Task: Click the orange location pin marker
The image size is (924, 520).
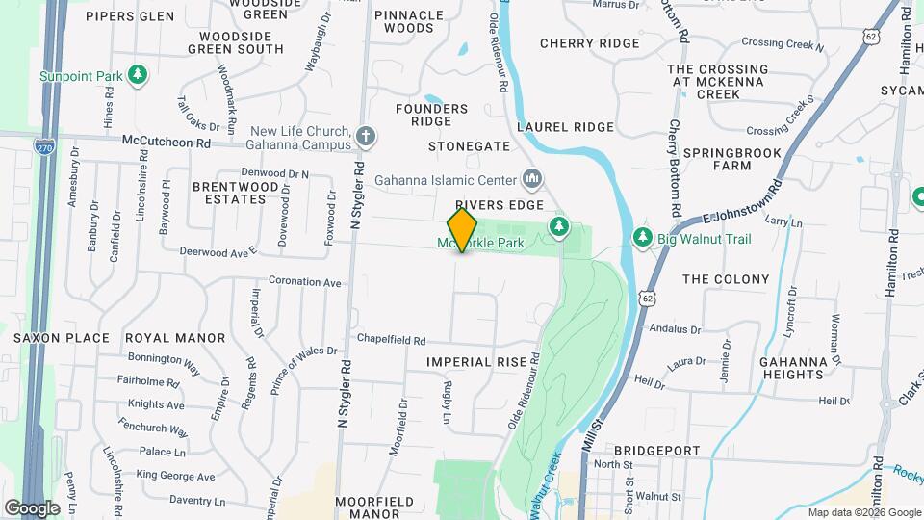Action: [462, 229]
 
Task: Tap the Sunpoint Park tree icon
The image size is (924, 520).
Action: [139, 74]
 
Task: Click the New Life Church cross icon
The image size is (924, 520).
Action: [365, 137]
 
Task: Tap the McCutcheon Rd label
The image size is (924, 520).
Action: [166, 141]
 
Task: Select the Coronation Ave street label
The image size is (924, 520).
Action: [305, 283]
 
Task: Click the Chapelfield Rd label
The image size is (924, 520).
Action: [392, 340]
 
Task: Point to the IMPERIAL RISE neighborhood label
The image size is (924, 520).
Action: [478, 362]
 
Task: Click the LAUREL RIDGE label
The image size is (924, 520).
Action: [565, 127]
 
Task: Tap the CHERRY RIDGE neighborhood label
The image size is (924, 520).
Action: [589, 43]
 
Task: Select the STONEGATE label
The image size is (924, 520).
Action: [469, 146]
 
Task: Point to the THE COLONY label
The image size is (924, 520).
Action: [726, 279]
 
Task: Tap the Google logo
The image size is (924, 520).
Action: [32, 507]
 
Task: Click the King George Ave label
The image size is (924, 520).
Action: [175, 476]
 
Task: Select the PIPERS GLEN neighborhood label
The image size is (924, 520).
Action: [130, 16]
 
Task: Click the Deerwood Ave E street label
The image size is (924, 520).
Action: [218, 250]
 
